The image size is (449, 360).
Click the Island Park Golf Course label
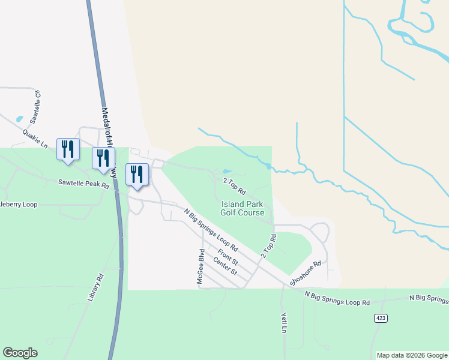(243, 208)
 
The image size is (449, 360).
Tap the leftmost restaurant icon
(67, 149)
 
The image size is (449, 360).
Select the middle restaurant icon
(103, 158)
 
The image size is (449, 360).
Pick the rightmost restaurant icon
(136, 175)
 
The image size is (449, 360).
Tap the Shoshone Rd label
(306, 273)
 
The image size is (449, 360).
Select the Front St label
(228, 258)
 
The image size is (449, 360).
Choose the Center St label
(225, 267)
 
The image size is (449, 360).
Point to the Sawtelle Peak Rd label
(83, 184)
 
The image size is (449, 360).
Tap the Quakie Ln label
(35, 137)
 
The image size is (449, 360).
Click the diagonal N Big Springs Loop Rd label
(211, 229)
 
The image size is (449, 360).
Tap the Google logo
(20, 353)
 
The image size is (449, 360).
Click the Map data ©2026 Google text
(412, 355)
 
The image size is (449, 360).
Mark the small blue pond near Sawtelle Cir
(20, 119)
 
